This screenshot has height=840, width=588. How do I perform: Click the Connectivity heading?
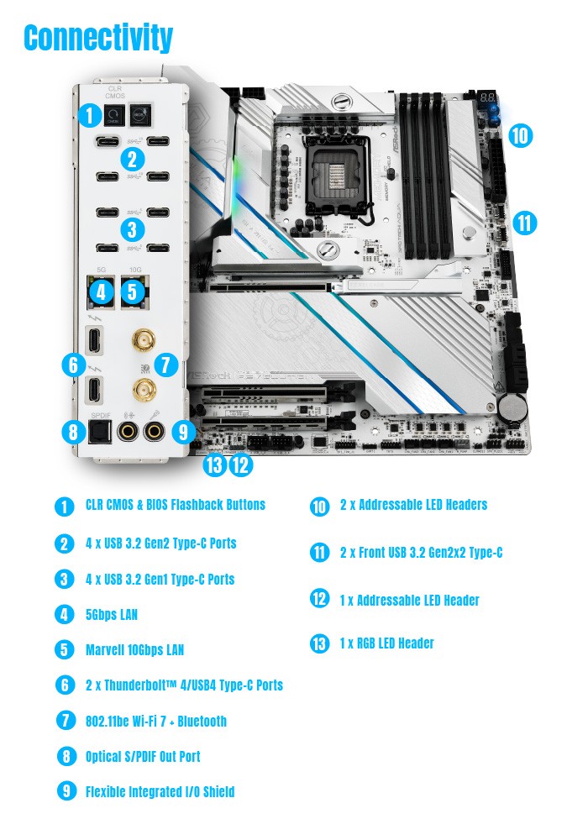click(x=99, y=38)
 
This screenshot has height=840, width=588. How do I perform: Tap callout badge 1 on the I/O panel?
click(x=88, y=116)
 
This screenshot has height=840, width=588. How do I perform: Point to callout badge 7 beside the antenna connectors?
click(x=165, y=365)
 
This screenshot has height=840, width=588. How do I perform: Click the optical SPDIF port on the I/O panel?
click(x=102, y=432)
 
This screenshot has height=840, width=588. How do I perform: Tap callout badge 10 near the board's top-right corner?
click(x=521, y=135)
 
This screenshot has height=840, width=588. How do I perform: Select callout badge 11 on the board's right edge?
click(x=525, y=223)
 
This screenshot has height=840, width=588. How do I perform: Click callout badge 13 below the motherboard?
click(x=214, y=463)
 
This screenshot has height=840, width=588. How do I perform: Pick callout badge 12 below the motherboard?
click(x=240, y=463)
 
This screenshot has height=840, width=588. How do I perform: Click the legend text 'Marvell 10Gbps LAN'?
click(x=134, y=650)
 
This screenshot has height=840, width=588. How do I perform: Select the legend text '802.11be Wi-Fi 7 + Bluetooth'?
click(x=156, y=721)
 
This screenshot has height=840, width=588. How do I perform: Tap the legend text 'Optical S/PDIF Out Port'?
click(x=143, y=757)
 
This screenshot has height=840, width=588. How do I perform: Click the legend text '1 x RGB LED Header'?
click(x=387, y=643)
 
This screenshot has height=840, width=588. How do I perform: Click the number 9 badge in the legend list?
click(x=65, y=792)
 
